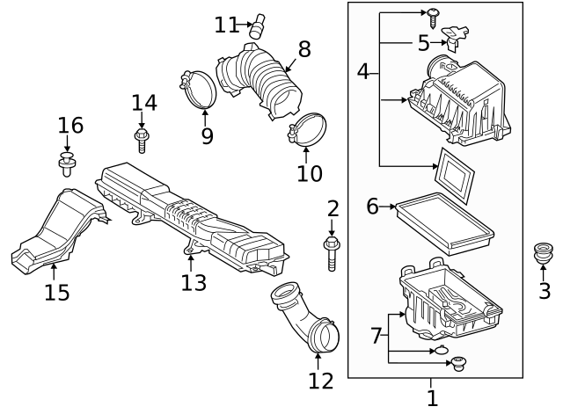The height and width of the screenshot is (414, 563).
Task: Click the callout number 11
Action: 226,25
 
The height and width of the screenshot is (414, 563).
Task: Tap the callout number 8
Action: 304,49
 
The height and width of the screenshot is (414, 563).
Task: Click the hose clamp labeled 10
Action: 308,130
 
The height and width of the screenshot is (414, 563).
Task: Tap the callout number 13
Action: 194,282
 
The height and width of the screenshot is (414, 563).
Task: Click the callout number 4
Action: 363,72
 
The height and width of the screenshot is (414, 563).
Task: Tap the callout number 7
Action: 376,335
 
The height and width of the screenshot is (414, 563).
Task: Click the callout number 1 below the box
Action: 432,397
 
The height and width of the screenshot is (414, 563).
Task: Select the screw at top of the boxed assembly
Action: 435,11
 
